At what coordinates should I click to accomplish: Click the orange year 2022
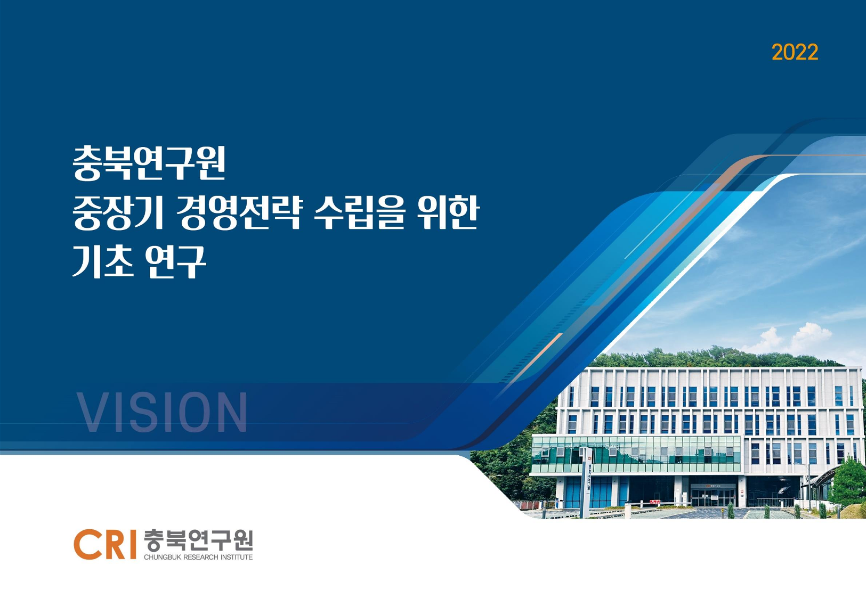point(795,52)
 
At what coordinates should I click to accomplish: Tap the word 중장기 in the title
point(118,212)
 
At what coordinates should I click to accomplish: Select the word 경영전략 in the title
point(238,212)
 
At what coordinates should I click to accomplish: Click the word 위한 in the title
point(449,212)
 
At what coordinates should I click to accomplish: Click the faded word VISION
point(162,412)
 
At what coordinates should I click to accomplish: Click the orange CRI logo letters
point(105,545)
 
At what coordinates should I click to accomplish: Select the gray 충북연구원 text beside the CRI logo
point(198,540)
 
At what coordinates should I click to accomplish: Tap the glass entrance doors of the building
point(713,497)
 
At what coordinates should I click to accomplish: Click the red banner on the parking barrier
point(655,502)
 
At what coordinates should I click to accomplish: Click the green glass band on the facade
point(636,454)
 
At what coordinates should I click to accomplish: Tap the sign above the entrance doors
point(713,486)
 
